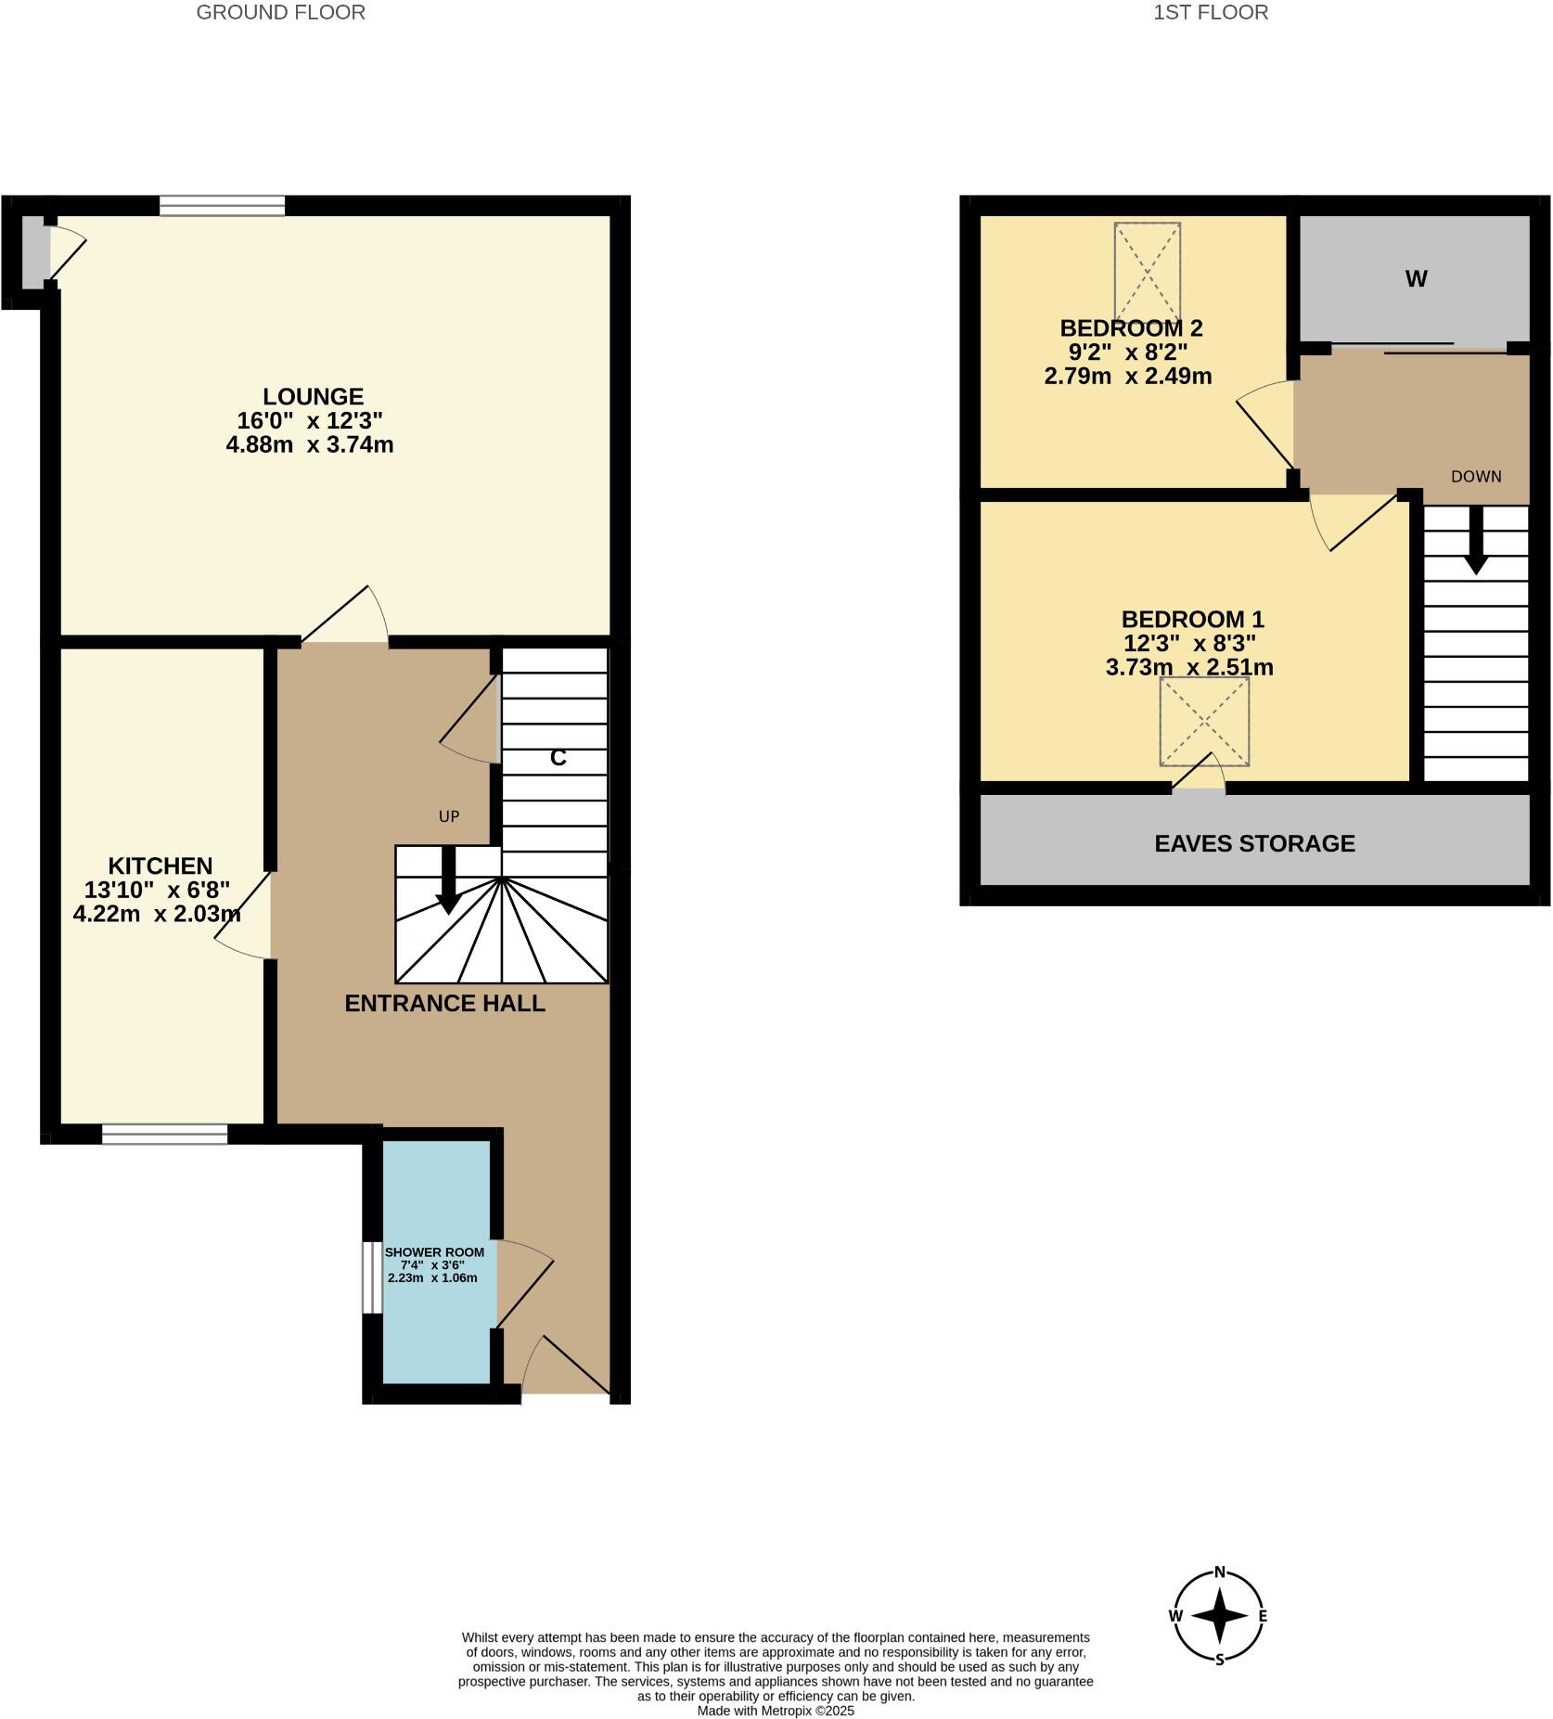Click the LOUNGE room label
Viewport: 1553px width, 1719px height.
[313, 397]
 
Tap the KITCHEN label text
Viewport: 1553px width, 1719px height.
[160, 866]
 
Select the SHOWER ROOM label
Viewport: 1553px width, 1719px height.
[434, 1252]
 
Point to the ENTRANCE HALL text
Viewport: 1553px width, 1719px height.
[444, 1003]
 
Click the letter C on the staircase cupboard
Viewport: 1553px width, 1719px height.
[558, 758]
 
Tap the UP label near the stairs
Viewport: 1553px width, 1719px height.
[449, 816]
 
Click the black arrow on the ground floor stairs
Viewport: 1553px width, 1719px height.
[449, 882]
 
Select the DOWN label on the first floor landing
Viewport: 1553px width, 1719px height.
[1475, 477]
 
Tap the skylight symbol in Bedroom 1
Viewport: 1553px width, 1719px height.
[1204, 721]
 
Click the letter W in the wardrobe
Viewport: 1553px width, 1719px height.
[1416, 279]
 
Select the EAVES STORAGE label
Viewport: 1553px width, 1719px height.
[1254, 843]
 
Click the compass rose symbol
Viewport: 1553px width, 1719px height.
[1220, 1615]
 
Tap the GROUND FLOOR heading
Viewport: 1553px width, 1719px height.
[280, 12]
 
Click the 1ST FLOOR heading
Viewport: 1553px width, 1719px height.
[1211, 12]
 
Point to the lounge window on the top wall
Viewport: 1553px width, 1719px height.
[222, 205]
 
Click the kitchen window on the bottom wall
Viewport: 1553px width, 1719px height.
[164, 1134]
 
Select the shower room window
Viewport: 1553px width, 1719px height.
[371, 1277]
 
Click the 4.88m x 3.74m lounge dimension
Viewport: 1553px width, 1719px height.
[310, 445]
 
